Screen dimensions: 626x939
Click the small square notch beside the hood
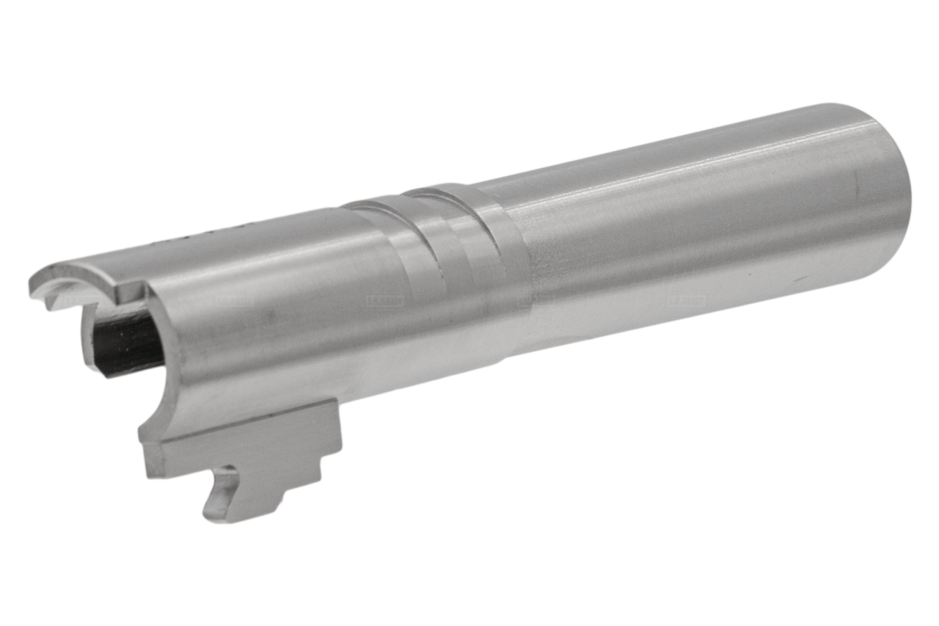(x=128, y=293)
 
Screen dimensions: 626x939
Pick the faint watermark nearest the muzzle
(x=685, y=300)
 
